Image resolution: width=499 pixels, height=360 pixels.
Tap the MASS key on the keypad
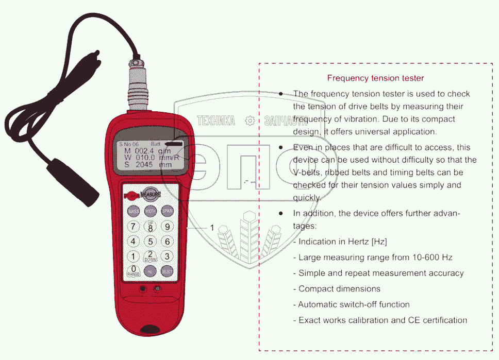(x=134, y=212)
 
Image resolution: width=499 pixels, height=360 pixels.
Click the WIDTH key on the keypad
(x=151, y=211)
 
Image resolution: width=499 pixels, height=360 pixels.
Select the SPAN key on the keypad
(x=167, y=211)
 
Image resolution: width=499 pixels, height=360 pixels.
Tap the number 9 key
(x=167, y=227)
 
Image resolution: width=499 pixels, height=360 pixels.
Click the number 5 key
(x=151, y=242)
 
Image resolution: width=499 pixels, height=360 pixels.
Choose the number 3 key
(x=167, y=256)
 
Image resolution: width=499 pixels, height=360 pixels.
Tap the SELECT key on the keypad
(x=167, y=271)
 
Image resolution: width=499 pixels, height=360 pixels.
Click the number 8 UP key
(x=151, y=227)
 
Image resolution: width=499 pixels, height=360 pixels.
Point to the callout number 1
(x=211, y=227)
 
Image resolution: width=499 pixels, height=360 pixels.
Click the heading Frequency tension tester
(x=375, y=78)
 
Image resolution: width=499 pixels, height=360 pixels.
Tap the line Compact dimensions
(x=339, y=288)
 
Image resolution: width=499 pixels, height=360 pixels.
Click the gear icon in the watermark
(x=250, y=121)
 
